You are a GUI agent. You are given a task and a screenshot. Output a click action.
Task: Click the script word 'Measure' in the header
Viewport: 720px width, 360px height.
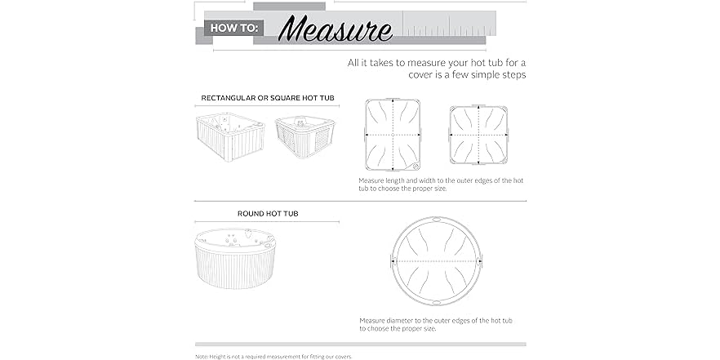(336, 29)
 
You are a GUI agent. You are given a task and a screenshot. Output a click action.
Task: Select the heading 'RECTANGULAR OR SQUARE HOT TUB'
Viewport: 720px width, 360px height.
(268, 98)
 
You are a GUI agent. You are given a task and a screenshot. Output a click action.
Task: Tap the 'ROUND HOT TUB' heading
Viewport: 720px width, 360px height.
(268, 214)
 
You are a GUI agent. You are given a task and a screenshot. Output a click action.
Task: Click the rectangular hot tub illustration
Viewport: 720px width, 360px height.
(230, 137)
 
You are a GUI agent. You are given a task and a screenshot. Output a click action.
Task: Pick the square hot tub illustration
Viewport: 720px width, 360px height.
(305, 136)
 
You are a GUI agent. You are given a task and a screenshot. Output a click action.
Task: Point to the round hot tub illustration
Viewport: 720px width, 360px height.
(236, 259)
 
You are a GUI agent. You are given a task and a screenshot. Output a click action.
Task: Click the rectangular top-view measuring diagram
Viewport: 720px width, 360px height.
(393, 135)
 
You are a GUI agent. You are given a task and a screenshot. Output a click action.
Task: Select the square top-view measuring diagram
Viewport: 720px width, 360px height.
(478, 135)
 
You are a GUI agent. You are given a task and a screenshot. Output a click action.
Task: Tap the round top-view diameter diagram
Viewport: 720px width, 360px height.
(436, 261)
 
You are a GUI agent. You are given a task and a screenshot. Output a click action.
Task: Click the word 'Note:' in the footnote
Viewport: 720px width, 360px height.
(202, 356)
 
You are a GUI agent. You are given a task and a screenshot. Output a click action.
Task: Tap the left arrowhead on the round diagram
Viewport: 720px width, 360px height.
(393, 261)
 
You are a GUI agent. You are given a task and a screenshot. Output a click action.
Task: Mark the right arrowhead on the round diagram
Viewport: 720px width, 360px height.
(480, 261)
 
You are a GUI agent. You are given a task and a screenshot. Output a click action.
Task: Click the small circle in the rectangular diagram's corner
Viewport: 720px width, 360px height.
(415, 165)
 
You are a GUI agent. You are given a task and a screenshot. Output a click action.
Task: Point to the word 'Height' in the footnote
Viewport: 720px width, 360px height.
(217, 356)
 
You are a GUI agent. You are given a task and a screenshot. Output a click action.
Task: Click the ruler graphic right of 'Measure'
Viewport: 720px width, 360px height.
(450, 23)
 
